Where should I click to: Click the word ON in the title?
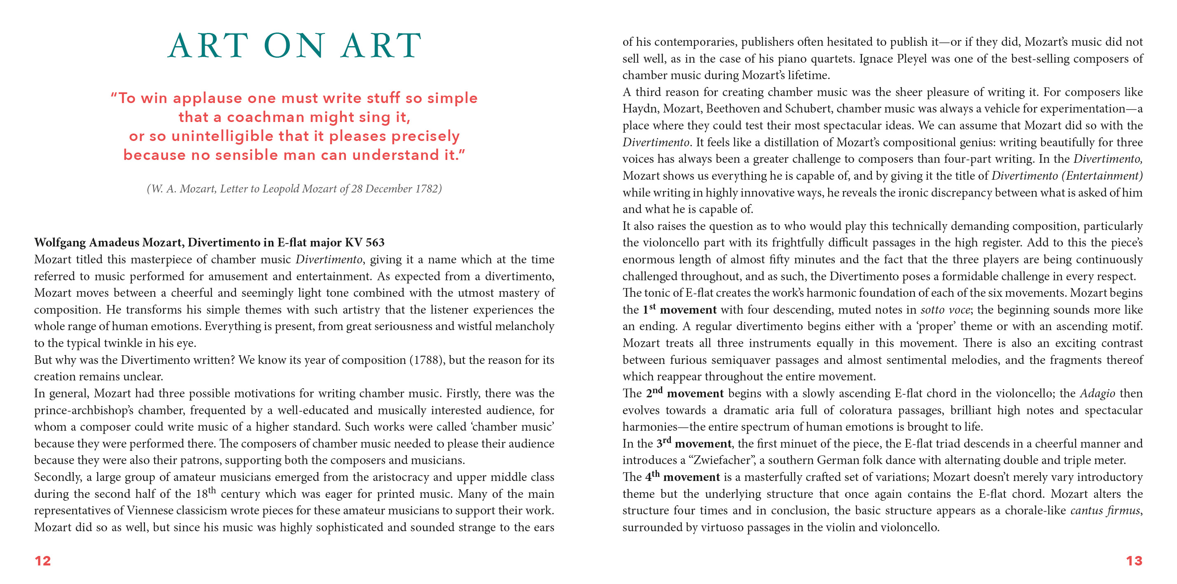point(295,46)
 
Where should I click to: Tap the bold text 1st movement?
point(680,310)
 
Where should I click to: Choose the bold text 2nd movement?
point(684,393)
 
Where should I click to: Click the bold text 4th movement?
point(682,477)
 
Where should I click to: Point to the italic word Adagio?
point(1098,393)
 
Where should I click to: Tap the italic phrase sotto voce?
point(944,310)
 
